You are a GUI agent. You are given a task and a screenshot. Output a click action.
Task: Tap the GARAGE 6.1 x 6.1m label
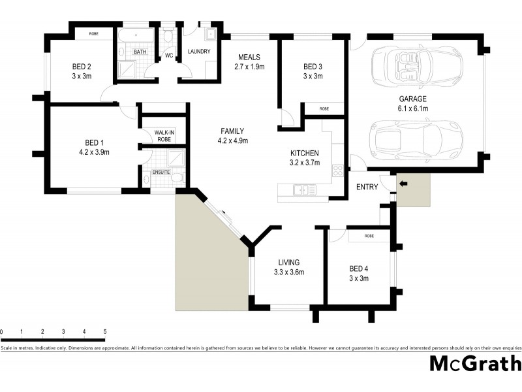point(414,104)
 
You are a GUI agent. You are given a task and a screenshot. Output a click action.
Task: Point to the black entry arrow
point(402,184)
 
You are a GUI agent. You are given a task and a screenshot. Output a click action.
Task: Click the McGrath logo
point(474,364)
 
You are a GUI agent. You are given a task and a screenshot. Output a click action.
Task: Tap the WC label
point(168,56)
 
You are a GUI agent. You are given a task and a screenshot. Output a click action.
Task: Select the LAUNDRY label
point(198,52)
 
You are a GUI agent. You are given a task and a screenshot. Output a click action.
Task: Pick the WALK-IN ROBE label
point(163,135)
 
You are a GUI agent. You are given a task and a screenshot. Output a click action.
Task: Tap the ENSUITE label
point(161,172)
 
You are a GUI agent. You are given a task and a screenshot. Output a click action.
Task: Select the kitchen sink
point(302,190)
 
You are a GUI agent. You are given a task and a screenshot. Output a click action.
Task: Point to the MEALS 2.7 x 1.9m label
point(249,62)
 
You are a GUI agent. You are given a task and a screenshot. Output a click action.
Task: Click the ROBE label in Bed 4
point(369,236)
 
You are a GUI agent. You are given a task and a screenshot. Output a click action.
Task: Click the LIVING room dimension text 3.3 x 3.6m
point(289,272)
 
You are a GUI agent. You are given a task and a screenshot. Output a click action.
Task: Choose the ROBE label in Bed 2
point(93,33)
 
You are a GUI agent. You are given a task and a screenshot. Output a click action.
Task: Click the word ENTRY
point(367,188)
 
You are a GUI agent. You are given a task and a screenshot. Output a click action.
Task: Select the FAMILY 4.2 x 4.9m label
point(232,135)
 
